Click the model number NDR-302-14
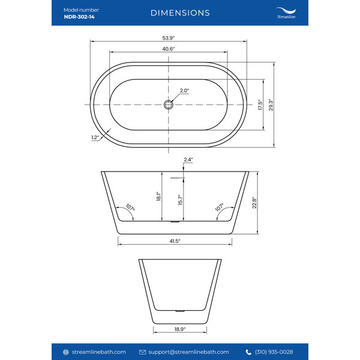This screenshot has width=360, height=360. coord(79,17)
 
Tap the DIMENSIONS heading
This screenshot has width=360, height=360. coord(180,13)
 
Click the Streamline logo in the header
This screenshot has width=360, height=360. coord(286,13)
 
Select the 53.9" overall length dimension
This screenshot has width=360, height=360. coord(169,38)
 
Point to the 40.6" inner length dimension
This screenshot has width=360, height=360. coord(169,49)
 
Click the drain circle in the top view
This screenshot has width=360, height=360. coord(169,104)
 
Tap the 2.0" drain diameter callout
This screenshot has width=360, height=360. coord(184,91)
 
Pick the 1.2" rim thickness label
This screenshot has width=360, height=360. coord(95,137)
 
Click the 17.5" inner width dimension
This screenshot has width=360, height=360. coord(260,104)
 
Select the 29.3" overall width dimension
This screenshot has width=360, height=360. coord(271,104)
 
